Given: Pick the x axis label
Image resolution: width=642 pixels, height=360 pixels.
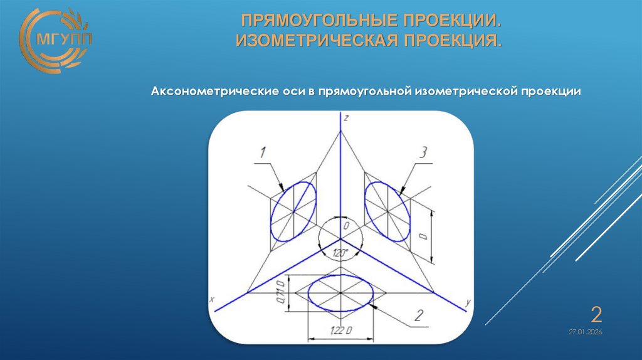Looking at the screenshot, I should point(213,300).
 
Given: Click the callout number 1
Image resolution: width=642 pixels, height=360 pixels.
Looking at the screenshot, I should point(264,152).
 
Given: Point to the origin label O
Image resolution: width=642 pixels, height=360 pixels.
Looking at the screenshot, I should point(344,225).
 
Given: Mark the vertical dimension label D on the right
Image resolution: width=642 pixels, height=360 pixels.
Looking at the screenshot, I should point(423,237).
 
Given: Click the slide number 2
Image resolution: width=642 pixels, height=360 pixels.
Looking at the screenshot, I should point(597,313).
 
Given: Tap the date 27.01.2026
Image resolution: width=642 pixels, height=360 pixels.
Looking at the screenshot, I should point(586,332).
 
